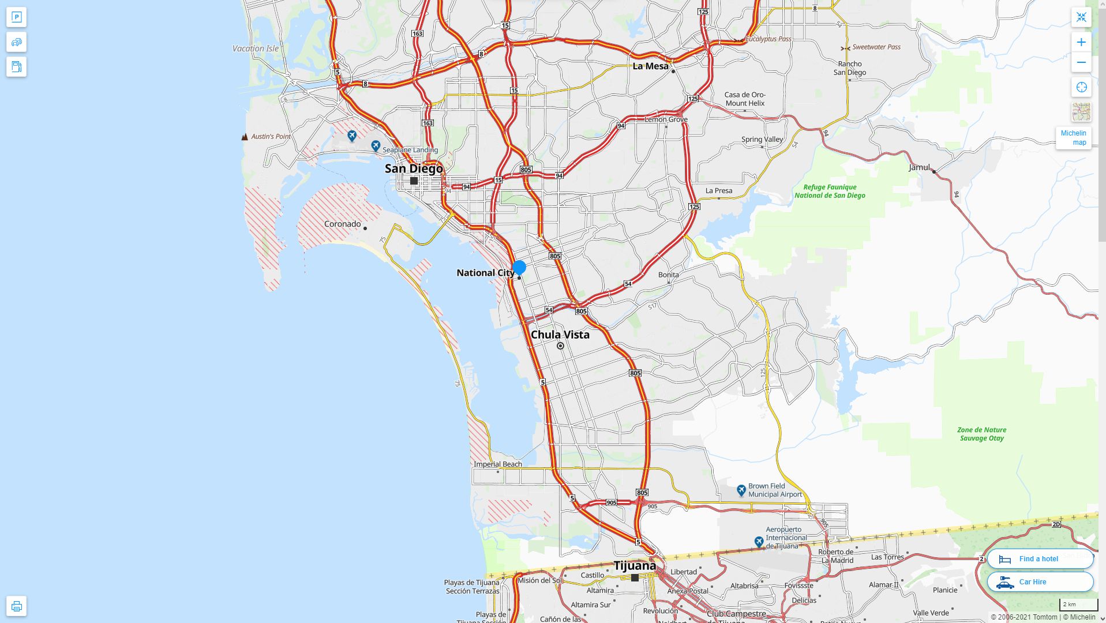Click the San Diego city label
coord(414,168)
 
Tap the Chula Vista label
coord(560,335)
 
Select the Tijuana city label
coord(635,566)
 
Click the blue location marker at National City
coord(519,267)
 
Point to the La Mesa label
coord(650,66)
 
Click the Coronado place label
coord(343,224)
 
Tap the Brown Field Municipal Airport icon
coord(741,490)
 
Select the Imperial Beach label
coord(498,464)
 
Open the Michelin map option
coord(1073,137)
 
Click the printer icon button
coord(16,606)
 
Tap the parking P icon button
coord(16,17)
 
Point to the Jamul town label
coord(920,167)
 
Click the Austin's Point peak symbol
coord(245,137)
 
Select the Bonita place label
coord(668,275)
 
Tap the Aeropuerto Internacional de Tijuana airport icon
coord(759,542)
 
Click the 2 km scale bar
coord(1078,605)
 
